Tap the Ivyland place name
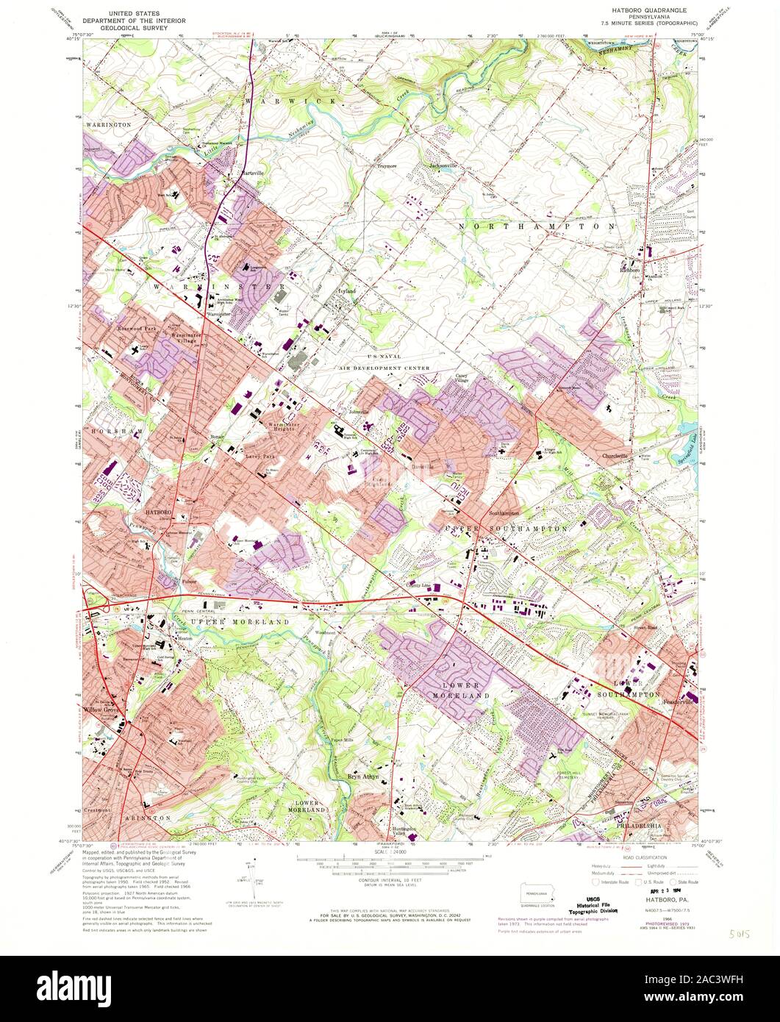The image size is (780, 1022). [x=346, y=291]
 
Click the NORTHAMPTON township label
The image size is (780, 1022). [x=536, y=227]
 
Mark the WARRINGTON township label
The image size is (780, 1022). [x=108, y=125]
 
